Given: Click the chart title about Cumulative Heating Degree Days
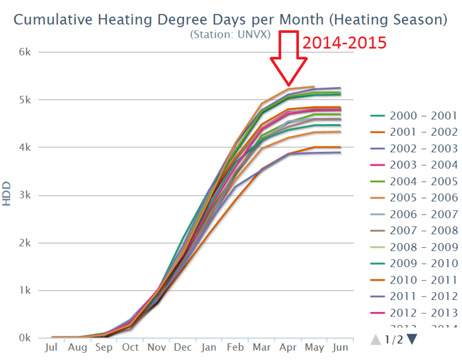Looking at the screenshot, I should click(230, 19).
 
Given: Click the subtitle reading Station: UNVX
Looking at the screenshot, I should click(230, 34).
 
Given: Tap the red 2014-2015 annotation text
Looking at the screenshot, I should click(344, 44).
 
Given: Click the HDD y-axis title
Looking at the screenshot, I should click(8, 195).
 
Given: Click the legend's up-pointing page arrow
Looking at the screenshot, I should click(377, 340).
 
